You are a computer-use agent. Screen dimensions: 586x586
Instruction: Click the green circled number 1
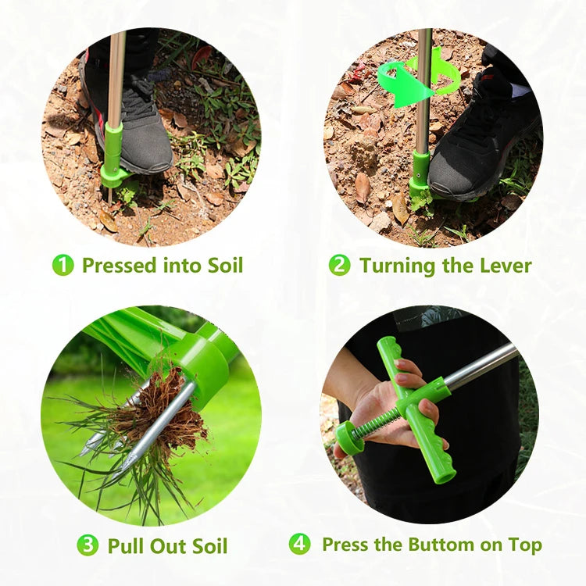click(63, 265)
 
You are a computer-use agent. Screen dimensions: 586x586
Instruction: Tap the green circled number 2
click(339, 265)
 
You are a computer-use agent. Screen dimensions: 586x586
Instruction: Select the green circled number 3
click(88, 545)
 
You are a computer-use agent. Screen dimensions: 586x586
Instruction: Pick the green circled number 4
click(299, 544)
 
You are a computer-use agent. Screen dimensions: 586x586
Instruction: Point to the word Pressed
click(119, 266)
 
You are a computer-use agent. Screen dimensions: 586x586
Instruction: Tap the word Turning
click(398, 266)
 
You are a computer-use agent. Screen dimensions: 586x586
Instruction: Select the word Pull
click(124, 545)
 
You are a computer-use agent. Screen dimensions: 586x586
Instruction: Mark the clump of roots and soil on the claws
click(164, 419)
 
